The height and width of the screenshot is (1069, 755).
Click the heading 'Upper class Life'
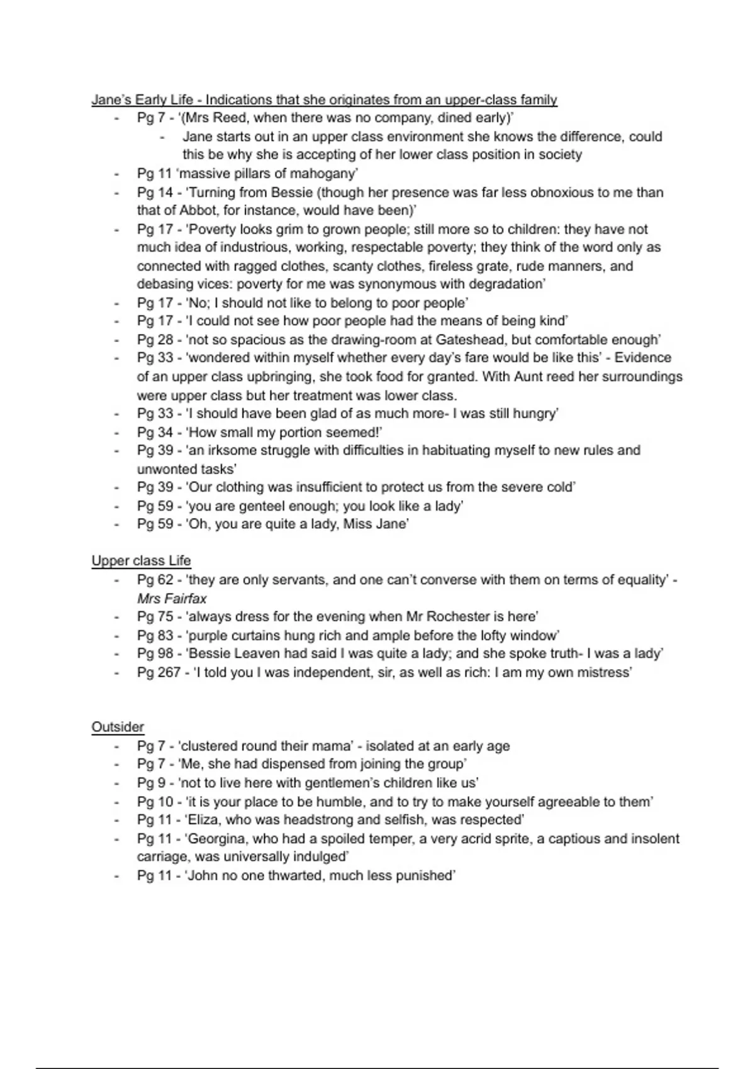tap(141, 560)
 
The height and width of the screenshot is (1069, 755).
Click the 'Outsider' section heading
tap(118, 727)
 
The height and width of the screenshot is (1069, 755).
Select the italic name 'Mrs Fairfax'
tap(172, 598)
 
